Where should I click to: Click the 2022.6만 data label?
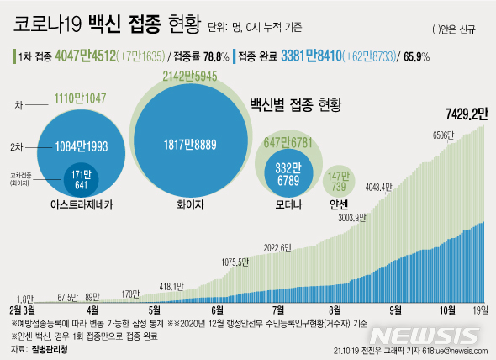click(x=278, y=247)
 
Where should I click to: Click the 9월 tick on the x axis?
click(x=393, y=309)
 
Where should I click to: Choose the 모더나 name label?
click(x=288, y=202)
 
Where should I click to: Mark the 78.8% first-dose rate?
click(x=216, y=58)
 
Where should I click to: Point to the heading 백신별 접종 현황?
click(x=296, y=105)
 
